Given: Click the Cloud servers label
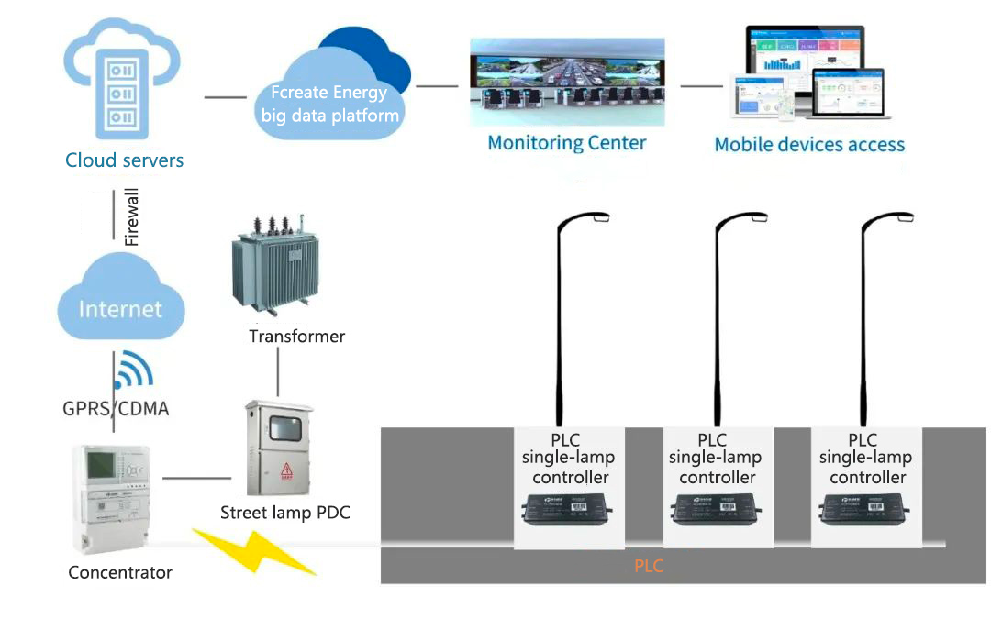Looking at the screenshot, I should (x=124, y=160).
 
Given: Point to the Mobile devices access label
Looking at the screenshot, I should (x=809, y=145).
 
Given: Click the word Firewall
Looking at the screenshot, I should (x=132, y=217).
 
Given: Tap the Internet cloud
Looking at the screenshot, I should (x=120, y=308).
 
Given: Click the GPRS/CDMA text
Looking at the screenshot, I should (x=115, y=409).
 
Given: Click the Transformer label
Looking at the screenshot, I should (x=296, y=337).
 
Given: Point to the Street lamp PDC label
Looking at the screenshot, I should (x=284, y=513).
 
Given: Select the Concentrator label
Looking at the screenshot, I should (x=120, y=573).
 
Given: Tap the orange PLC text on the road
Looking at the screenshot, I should (x=648, y=567).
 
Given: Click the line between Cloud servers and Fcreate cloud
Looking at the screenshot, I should (x=226, y=96).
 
